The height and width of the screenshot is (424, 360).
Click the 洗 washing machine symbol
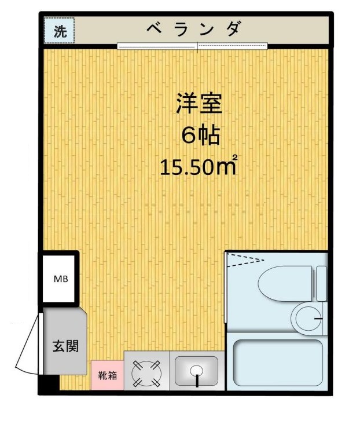(60, 32)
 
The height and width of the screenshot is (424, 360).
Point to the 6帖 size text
(199, 137)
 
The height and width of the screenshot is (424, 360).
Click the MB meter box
(60, 279)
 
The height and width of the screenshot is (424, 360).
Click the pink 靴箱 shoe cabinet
(106, 375)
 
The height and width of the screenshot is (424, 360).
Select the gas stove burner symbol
(146, 373)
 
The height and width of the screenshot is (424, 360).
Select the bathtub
(278, 362)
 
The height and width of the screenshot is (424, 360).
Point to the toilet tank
(321, 282)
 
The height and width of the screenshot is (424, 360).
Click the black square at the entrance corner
(49, 384)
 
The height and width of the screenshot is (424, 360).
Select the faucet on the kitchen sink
(196, 380)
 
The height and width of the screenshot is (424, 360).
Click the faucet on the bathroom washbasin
(317, 318)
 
